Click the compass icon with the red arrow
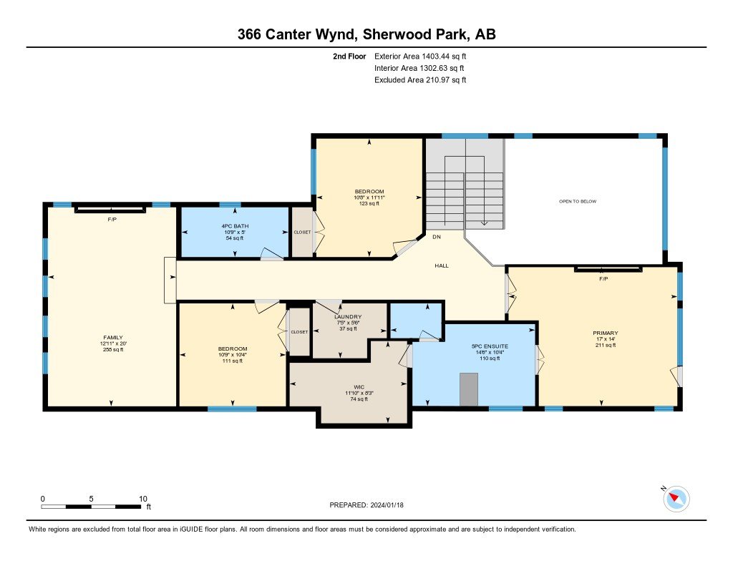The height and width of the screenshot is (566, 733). (x=676, y=499)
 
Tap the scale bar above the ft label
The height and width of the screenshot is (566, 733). (x=91, y=506)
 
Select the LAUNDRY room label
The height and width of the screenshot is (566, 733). (x=348, y=316)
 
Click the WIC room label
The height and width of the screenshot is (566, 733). (x=359, y=387)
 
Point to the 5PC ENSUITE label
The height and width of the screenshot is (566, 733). (x=490, y=346)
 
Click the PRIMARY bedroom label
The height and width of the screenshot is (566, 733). (x=606, y=333)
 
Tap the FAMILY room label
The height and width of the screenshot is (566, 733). (x=113, y=338)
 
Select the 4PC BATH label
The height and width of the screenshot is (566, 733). (x=235, y=226)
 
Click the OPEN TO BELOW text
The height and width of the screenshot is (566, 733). (x=578, y=202)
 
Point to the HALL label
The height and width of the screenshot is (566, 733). (x=442, y=265)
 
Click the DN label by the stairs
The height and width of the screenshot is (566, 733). (x=437, y=237)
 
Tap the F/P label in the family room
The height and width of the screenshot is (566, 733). (x=112, y=219)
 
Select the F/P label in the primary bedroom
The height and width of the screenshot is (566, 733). (x=603, y=278)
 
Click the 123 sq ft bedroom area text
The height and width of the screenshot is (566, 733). (x=369, y=203)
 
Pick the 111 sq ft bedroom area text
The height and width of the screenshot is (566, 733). (x=233, y=361)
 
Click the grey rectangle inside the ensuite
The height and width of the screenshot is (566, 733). (x=469, y=389)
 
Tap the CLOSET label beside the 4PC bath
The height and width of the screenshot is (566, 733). (x=303, y=233)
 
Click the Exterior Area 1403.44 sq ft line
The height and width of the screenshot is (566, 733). (x=420, y=57)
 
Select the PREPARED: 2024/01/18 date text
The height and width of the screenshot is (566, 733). (x=366, y=505)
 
